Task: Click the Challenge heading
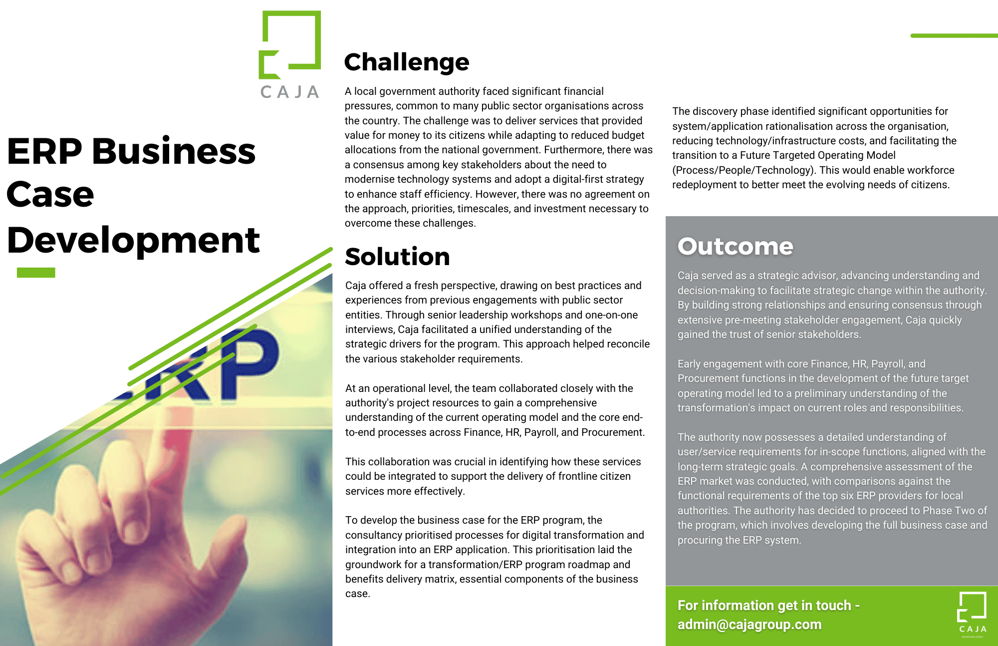point(406,62)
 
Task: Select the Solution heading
point(397,257)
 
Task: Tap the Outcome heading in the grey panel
point(735,246)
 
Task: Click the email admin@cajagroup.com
point(749,625)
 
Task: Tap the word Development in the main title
point(133,240)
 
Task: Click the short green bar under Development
point(36,273)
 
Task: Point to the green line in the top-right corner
point(953,36)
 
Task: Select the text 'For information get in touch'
point(764,606)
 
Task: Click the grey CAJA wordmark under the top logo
point(290,92)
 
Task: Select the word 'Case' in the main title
point(50,195)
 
